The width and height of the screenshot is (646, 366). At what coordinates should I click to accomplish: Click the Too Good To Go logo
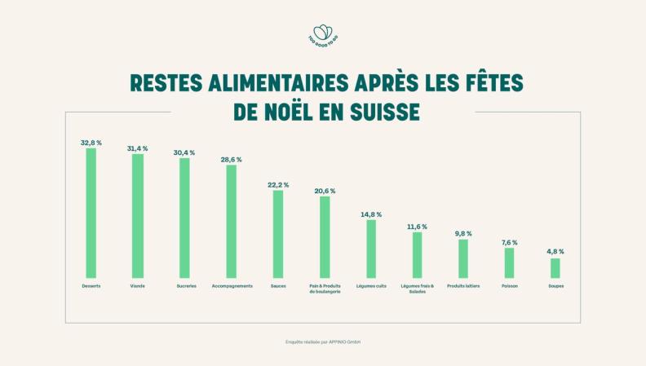coord(323,35)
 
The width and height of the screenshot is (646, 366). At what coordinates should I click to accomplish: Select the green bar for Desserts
coord(91,214)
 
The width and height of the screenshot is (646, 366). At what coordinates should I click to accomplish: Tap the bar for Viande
coord(138,216)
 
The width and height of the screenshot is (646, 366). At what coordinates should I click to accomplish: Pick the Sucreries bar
coord(184,218)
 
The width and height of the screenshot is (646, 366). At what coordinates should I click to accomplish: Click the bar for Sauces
coord(278,234)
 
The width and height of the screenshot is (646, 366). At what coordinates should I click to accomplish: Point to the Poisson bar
coord(509,262)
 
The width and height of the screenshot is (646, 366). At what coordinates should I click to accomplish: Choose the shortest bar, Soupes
coord(555,268)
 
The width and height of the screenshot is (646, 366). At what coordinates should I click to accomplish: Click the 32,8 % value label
coord(91,143)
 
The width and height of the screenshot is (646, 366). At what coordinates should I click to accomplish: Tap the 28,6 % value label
coord(231,160)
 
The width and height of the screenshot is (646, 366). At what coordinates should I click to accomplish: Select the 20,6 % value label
coord(325,191)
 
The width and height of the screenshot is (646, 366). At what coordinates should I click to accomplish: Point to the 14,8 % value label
coord(371,214)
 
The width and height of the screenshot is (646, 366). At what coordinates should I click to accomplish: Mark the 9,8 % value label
coord(463,234)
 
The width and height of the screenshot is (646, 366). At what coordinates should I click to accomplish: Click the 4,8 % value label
coord(555,252)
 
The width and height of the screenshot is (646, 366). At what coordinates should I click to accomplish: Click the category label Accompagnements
coord(232,286)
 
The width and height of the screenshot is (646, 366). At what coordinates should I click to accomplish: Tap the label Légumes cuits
coord(371,286)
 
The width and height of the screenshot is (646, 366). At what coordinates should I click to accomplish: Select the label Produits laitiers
coord(463,286)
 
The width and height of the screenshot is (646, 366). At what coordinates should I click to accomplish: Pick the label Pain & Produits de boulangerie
coord(325,289)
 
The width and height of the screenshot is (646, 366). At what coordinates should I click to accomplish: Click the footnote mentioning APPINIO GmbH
coord(323,342)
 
